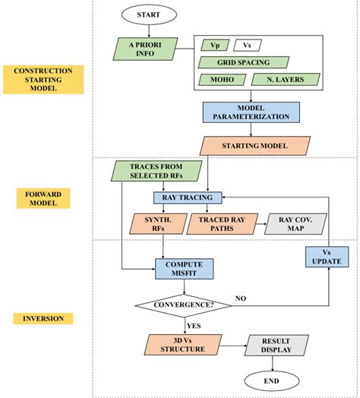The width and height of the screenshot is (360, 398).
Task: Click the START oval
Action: click(148, 15)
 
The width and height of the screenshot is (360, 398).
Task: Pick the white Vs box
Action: click(246, 45)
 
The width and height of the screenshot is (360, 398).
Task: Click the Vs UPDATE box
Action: click(327, 256)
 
